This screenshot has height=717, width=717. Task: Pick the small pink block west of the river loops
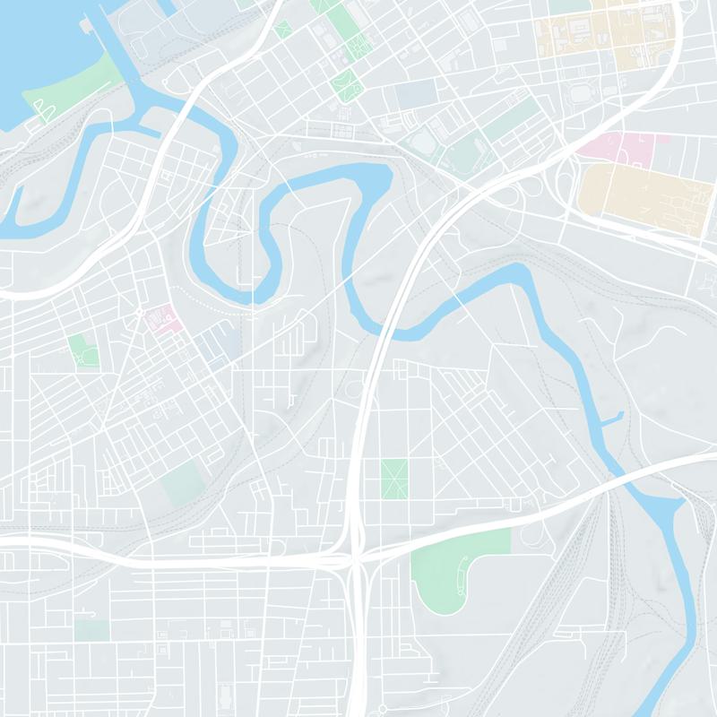pos(162,317)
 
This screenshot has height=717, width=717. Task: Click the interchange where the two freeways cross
pos(355,560)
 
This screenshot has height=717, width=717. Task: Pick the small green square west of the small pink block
pos(82,350)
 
